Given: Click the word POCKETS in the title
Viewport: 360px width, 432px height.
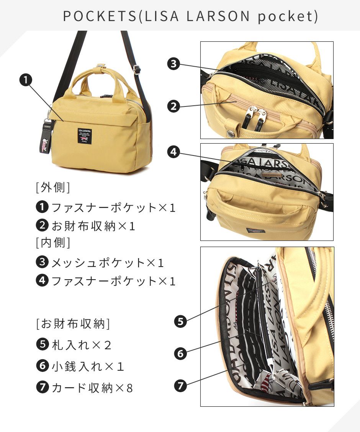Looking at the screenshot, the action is [100, 16].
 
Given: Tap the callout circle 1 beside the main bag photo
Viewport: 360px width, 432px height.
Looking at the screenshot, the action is [26, 80].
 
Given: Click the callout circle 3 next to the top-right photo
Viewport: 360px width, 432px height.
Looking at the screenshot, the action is [173, 64].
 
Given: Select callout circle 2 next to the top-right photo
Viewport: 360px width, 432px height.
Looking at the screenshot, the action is [173, 106].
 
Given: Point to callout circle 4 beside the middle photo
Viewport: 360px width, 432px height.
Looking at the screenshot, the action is [173, 152].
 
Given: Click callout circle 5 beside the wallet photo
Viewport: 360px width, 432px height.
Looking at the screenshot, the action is [180, 322].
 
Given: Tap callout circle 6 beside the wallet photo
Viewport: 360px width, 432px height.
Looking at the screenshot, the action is [180, 353].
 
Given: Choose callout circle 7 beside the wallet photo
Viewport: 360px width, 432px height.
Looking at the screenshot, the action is [180, 385].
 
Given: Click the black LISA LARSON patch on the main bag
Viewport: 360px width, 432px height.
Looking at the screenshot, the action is [85, 136].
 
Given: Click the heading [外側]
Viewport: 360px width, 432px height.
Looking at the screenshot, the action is [53, 187].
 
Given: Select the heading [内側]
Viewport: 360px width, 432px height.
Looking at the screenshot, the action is [53, 243].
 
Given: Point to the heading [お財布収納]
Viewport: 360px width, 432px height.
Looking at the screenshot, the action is [73, 324].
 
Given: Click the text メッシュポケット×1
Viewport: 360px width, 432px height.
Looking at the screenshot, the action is [108, 263].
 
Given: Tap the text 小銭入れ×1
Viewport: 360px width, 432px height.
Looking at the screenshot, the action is [88, 366].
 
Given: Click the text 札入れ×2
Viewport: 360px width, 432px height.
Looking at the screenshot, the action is [82, 345].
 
